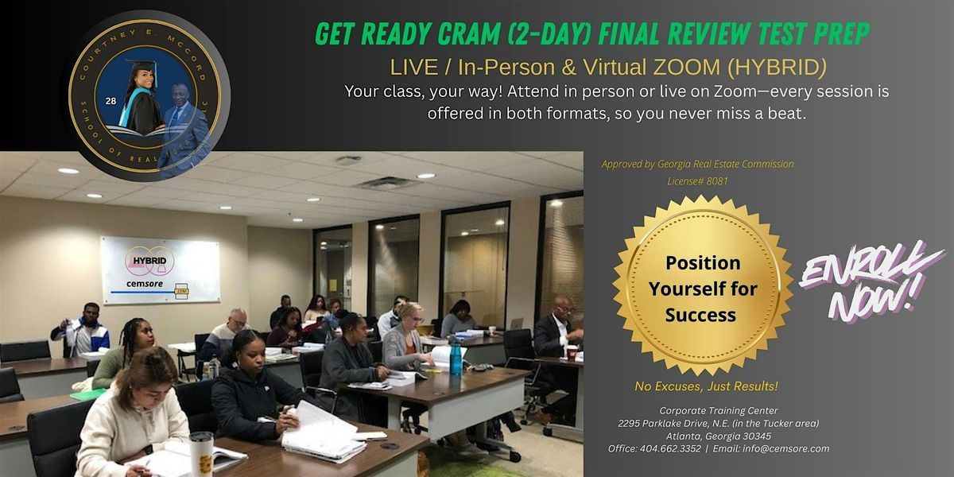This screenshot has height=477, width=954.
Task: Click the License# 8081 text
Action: point(697,180)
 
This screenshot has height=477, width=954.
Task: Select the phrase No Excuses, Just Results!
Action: point(706,386)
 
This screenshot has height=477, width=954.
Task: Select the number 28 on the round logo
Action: point(111,102)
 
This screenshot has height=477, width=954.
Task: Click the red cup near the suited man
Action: point(572,351)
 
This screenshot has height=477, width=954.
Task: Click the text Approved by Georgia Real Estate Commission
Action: point(697,165)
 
